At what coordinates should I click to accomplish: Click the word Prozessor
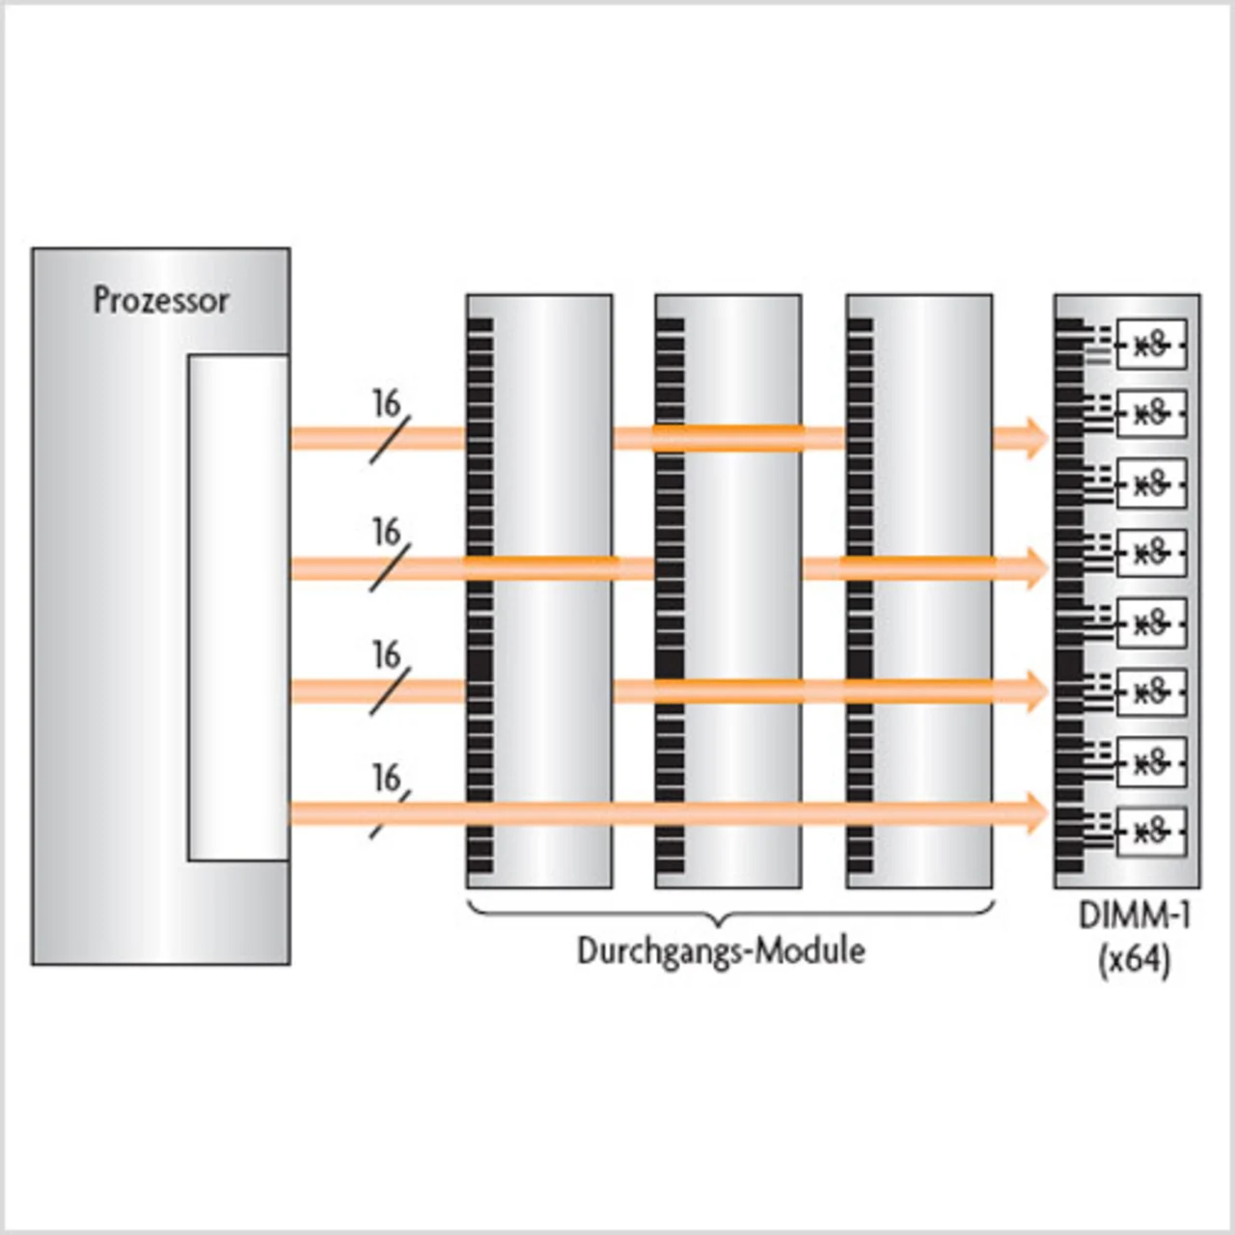click(x=161, y=300)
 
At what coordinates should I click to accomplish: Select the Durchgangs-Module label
click(x=721, y=950)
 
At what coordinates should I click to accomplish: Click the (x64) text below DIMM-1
click(x=1134, y=961)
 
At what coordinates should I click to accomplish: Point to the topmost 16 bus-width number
click(x=386, y=403)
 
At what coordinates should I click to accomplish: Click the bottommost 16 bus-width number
click(x=386, y=778)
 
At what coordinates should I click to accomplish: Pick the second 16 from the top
click(x=386, y=532)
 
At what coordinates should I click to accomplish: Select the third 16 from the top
click(x=386, y=655)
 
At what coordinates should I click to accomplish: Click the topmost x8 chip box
click(x=1151, y=344)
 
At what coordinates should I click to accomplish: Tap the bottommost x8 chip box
click(x=1151, y=831)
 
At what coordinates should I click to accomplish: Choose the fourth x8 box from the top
click(x=1151, y=553)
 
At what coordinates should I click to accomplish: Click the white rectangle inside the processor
click(x=237, y=607)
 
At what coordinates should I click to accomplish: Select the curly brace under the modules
click(x=730, y=909)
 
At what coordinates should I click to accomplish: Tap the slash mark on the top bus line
click(x=390, y=440)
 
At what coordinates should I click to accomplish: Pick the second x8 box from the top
click(x=1151, y=414)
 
